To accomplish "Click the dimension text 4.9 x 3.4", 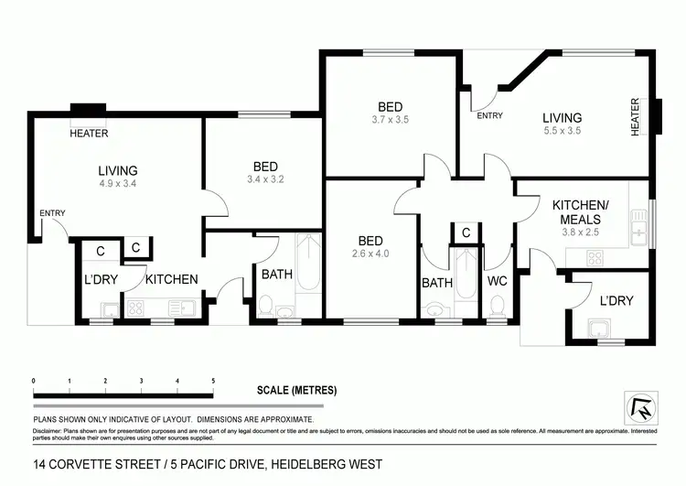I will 118,184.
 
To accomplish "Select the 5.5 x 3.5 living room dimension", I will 562,130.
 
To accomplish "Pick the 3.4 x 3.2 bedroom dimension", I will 265,179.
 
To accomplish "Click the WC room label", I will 498,281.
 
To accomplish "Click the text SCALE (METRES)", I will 296,391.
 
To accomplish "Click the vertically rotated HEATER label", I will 635,117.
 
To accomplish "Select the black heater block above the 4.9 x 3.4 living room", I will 89,113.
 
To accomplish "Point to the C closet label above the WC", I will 466,233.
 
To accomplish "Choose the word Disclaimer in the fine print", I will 50,429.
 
